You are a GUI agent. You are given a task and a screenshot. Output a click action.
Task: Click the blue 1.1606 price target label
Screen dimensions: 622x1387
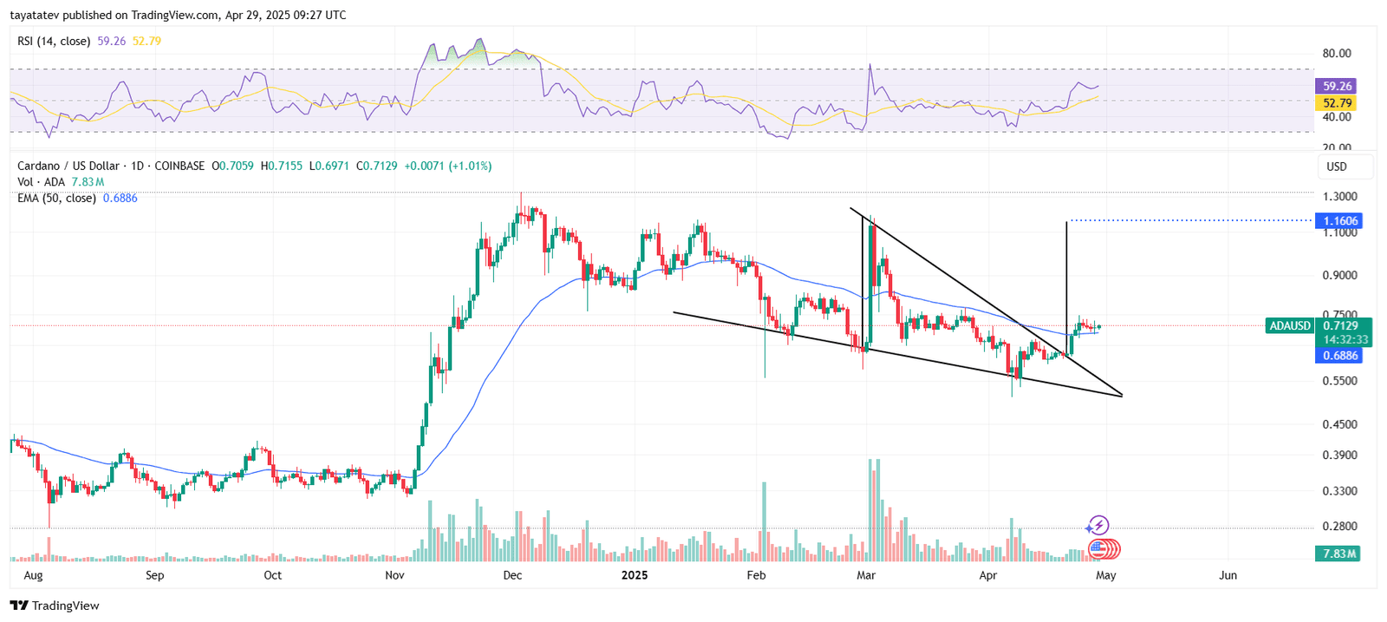pos(1339,221)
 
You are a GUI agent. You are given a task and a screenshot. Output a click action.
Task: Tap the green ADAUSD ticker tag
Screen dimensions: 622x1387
pos(1290,326)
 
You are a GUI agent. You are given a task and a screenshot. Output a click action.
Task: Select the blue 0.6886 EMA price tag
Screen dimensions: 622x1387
pos(1339,356)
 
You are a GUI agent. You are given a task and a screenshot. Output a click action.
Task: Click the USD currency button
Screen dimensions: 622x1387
pos(1337,167)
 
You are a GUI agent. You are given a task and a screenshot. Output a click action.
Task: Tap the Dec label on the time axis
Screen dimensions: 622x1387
pos(512,575)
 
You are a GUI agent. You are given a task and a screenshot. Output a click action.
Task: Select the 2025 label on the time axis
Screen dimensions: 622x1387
pos(635,575)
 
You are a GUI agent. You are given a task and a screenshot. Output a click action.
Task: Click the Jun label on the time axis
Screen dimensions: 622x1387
pos(1227,575)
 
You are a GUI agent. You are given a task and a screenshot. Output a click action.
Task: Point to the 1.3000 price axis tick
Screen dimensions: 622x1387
pos(1339,197)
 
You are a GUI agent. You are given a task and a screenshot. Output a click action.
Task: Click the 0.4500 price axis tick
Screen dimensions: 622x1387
pos(1339,425)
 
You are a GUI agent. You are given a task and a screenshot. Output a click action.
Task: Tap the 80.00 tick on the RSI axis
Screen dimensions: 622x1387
pos(1336,54)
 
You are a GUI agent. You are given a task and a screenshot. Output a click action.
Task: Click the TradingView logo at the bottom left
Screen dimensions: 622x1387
pos(55,606)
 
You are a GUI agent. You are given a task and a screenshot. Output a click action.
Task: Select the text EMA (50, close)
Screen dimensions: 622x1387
pos(56,199)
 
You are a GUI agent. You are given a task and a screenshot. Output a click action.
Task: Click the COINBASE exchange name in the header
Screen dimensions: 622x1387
pos(179,166)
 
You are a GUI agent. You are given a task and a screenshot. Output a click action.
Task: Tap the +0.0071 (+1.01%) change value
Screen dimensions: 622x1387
pos(448,166)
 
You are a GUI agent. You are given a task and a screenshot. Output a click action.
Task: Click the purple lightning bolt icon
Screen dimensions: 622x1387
pos(1098,525)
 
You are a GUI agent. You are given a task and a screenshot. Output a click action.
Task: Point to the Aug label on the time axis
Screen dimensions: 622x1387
pos(33,575)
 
